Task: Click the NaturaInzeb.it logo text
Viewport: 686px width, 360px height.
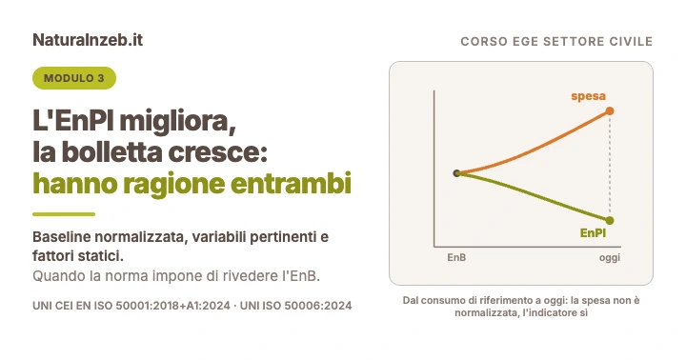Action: pos(88,40)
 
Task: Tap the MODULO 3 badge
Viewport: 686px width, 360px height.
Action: pos(74,78)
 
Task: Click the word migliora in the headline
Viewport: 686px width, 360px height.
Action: pos(177,122)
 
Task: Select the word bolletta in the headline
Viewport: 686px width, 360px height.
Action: pos(112,151)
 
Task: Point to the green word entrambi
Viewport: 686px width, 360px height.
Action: pos(291,183)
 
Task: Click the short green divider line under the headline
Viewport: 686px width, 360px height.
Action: pos(64,214)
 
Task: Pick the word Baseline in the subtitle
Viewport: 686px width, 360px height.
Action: pos(62,236)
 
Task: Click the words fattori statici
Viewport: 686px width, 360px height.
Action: pos(78,255)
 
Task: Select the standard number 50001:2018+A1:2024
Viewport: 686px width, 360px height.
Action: pos(172,306)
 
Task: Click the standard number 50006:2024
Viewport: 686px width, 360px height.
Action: pos(318,306)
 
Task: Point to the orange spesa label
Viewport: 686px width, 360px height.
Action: pos(589,96)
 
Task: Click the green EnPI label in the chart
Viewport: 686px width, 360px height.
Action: pos(593,232)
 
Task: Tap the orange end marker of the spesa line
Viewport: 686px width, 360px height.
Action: pos(610,111)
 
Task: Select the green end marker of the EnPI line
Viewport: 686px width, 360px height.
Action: pos(610,220)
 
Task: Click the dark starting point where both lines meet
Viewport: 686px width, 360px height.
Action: pos(456,173)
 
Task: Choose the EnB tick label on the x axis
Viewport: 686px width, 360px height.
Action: pos(456,258)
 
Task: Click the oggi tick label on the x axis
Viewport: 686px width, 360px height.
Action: pos(610,258)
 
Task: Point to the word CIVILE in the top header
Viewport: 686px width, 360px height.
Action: pos(632,42)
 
